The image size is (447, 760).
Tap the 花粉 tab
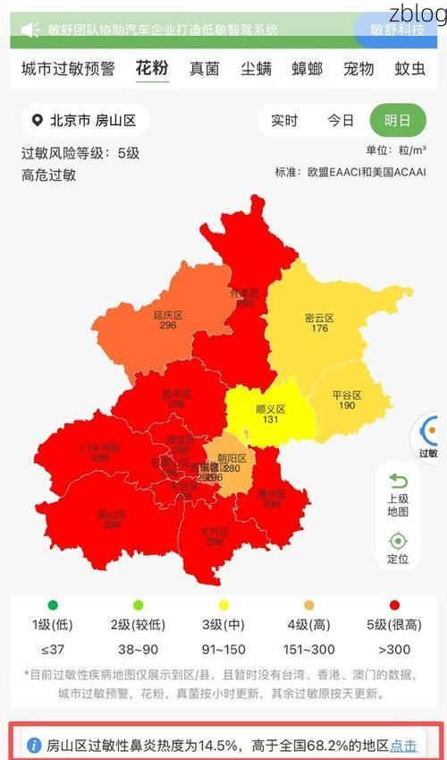pos(152,68)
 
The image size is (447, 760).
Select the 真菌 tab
pos(204,68)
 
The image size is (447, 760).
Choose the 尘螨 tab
pos(256,68)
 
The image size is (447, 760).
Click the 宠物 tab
pos(358,68)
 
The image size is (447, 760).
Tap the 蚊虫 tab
pos(410,68)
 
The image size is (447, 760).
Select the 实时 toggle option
pos(284,121)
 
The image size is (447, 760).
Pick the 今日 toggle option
pos(341,121)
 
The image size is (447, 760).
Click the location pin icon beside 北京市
pos(37,121)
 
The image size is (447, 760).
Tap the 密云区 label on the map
pos(319,318)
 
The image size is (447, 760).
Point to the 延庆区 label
pos(167,315)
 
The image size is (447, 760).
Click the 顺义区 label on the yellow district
pos(270,408)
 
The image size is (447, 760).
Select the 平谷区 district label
pos(347,395)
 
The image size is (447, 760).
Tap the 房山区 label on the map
pos(111,515)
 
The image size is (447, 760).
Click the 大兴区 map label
pos(215,532)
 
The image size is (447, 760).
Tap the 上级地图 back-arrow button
pos(398,491)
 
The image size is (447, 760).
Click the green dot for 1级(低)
pos(53,605)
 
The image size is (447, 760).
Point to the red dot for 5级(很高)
pos(395,605)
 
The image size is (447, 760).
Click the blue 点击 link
pos(404,745)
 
